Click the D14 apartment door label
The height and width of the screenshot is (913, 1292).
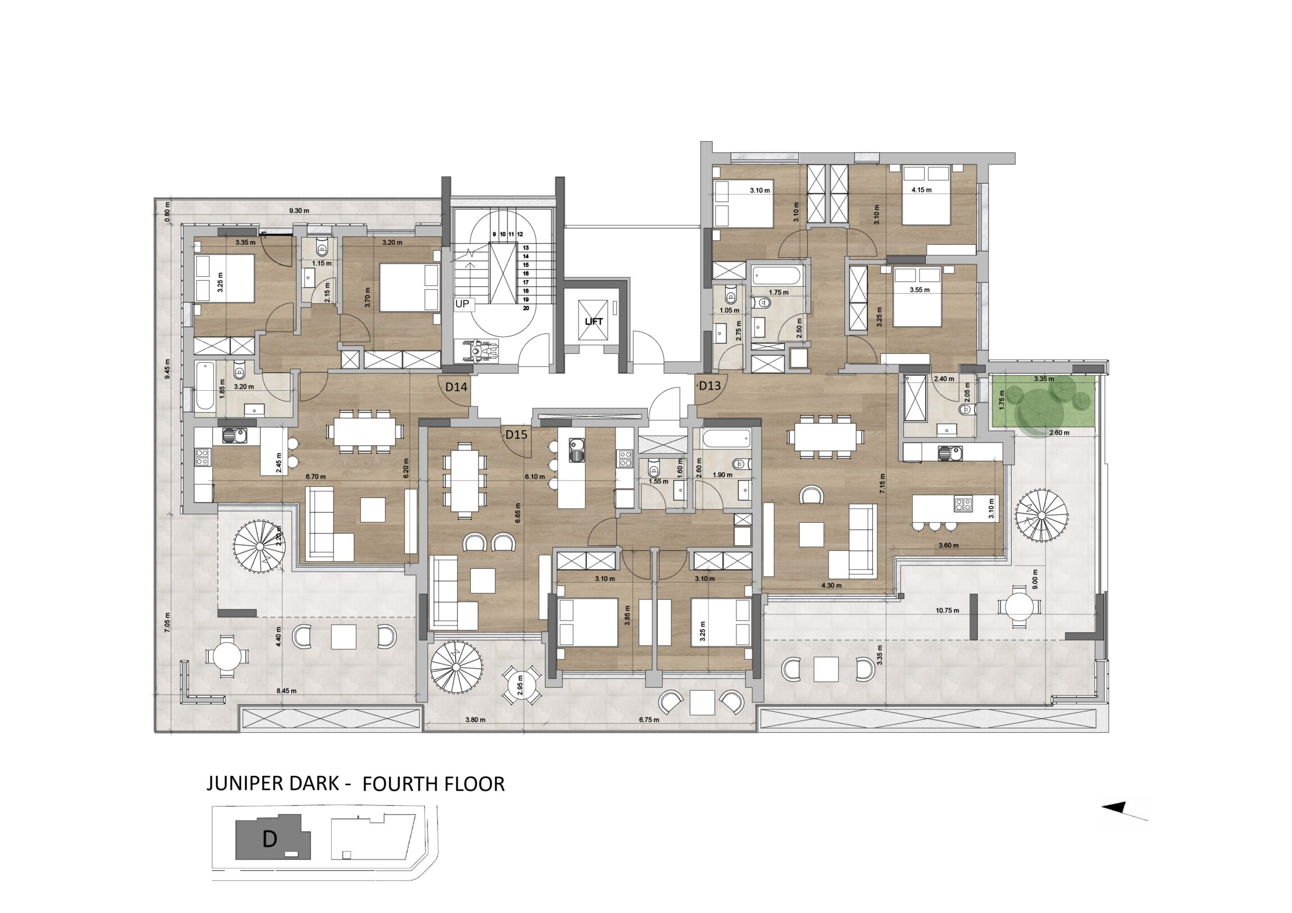(456, 387)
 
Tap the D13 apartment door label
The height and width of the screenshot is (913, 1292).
(709, 386)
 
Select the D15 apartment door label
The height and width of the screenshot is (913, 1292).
(516, 434)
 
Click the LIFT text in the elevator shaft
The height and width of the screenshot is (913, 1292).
(594, 322)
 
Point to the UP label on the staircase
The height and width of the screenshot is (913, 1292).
(462, 304)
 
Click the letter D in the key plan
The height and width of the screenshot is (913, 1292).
(270, 839)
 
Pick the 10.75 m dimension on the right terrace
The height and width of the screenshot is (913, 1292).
(948, 610)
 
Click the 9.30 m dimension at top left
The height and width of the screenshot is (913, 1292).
(299, 211)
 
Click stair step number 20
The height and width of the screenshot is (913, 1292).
(526, 308)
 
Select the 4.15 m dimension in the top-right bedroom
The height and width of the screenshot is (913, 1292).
(922, 190)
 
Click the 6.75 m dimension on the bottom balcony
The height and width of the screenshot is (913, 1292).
(649, 719)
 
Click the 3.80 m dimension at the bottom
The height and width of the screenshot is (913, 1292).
(475, 719)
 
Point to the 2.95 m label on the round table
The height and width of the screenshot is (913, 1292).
(521, 686)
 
